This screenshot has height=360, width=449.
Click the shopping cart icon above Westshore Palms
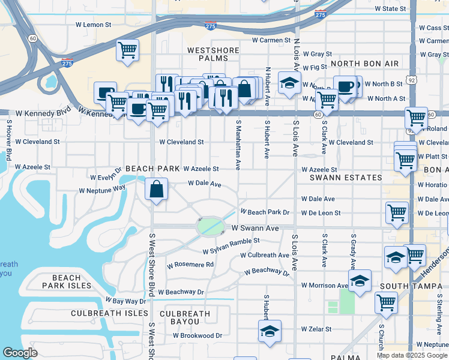coord(127,50)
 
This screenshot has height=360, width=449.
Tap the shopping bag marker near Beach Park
coord(156,190)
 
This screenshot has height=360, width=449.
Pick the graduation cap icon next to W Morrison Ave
coord(360,281)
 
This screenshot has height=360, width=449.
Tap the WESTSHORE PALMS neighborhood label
coord(208,54)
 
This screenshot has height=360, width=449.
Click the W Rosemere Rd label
coord(190,265)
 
